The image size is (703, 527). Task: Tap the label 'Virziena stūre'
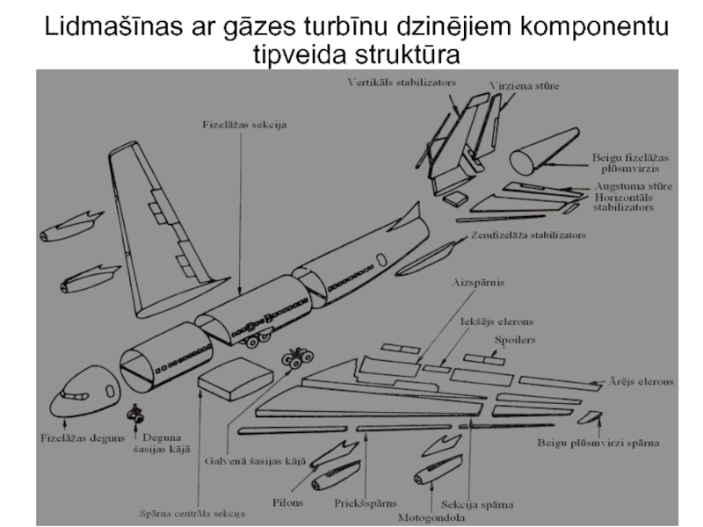[x=524, y=87]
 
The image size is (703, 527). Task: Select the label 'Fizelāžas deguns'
[x=80, y=437]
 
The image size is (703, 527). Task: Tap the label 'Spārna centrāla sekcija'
[x=192, y=512]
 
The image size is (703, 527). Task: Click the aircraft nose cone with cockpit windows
[x=86, y=393]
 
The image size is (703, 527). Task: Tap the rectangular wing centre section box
[x=235, y=378]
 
